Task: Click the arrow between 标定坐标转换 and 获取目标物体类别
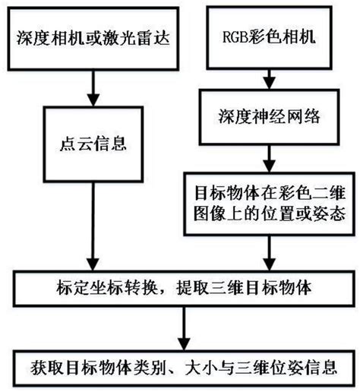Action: [181, 328]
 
